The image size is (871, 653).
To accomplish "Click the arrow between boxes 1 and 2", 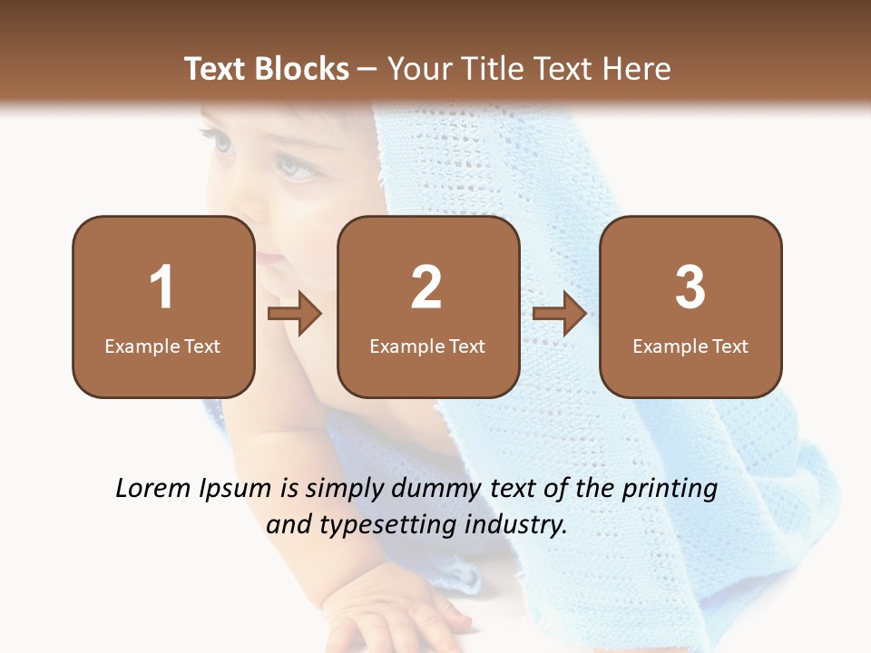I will click(x=295, y=314).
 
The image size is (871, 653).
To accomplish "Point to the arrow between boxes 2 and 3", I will click(x=560, y=314).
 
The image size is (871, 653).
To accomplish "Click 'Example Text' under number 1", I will click(x=162, y=346).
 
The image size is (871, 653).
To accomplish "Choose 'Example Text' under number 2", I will click(x=427, y=346).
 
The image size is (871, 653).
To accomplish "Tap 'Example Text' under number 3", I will click(x=690, y=346).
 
